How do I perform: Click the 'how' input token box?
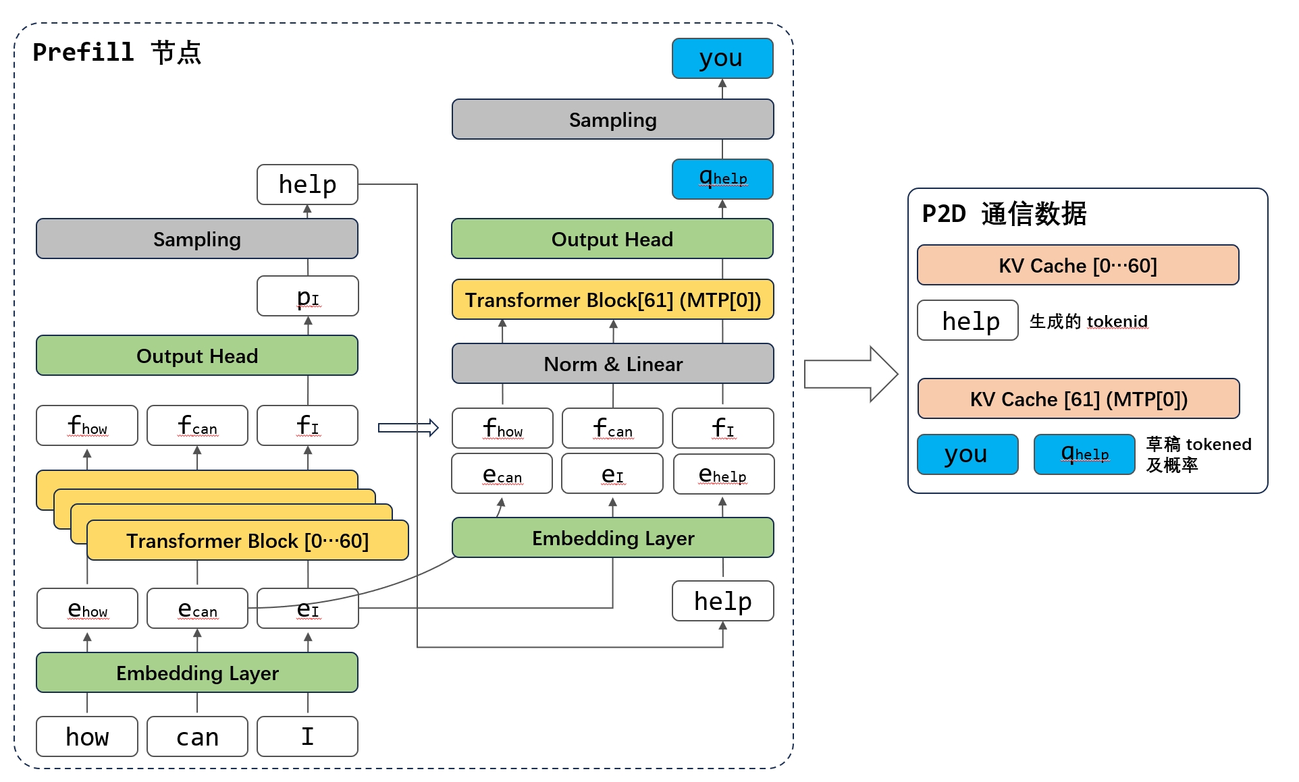(x=87, y=736)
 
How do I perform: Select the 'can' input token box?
(x=197, y=736)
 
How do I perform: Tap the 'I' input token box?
(x=308, y=736)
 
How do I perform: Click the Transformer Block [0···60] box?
(x=248, y=540)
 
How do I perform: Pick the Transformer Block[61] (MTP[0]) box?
(x=612, y=300)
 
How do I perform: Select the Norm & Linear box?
(x=612, y=364)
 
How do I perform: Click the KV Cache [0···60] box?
(x=1078, y=265)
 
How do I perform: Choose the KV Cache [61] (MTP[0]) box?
(x=1078, y=399)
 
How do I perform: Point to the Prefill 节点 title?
(x=117, y=52)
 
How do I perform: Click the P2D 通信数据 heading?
(x=1004, y=214)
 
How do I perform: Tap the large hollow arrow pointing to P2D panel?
(x=851, y=374)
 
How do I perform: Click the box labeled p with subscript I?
(x=308, y=296)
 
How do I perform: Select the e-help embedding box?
(x=723, y=474)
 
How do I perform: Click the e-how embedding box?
(x=87, y=609)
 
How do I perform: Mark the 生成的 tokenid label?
(x=1088, y=321)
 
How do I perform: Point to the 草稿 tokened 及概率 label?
(x=1198, y=454)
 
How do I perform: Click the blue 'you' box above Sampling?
(x=722, y=58)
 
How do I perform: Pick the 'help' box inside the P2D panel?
(x=967, y=320)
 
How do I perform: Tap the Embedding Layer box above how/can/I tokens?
(x=197, y=672)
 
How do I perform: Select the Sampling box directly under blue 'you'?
(x=612, y=119)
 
